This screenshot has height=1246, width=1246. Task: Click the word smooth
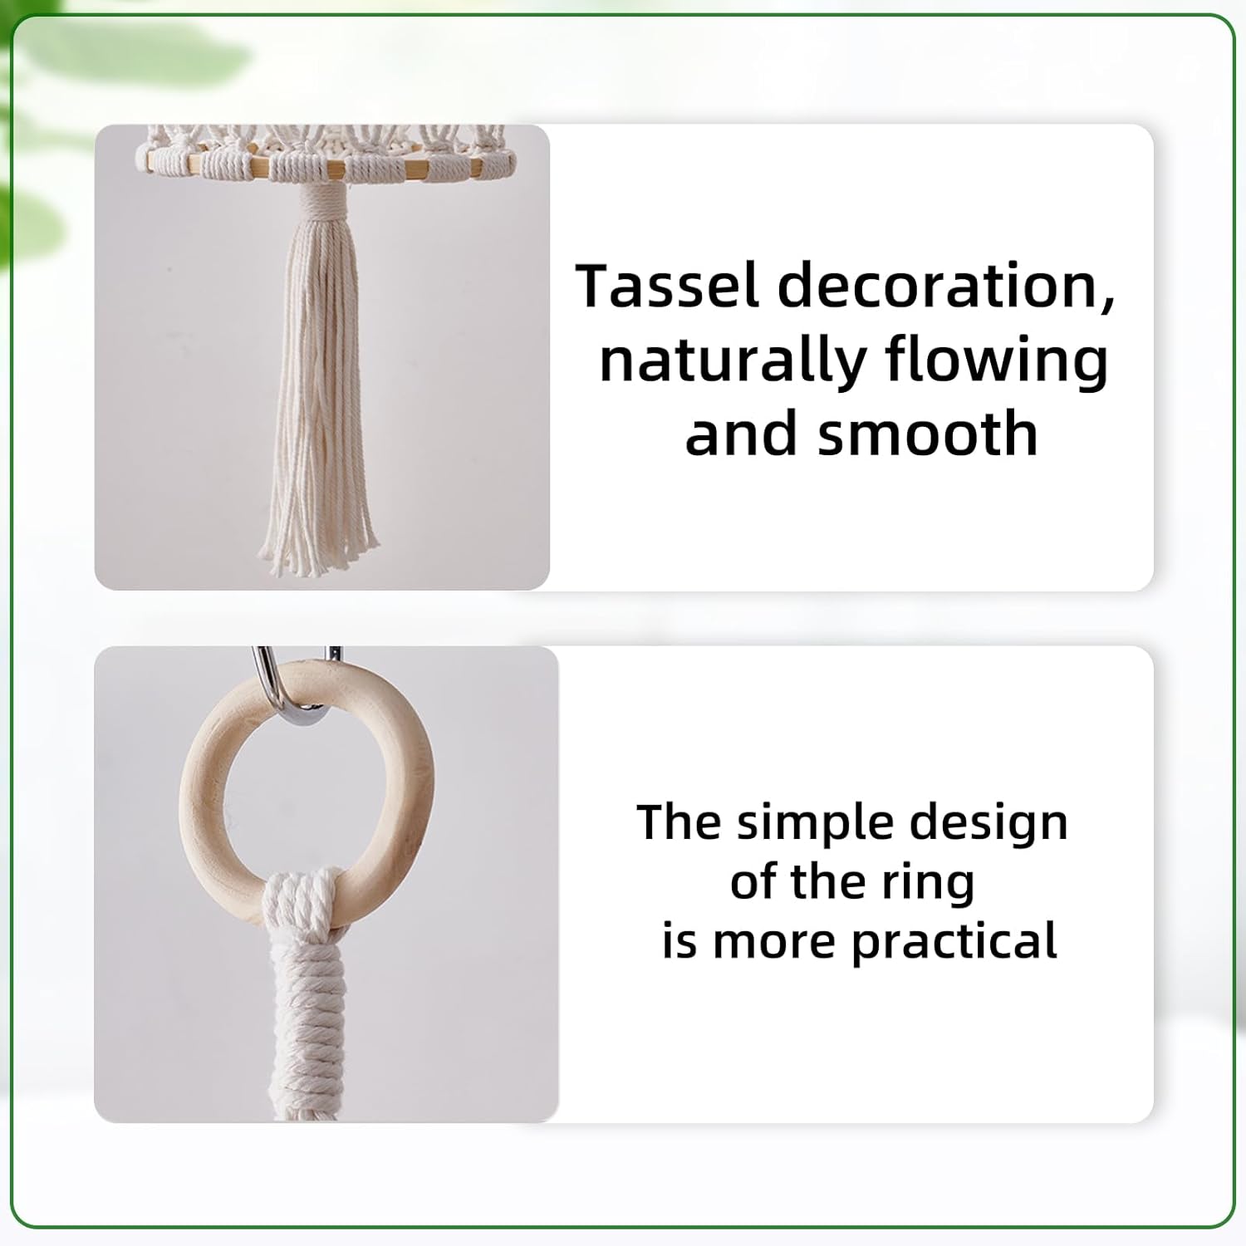928,433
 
